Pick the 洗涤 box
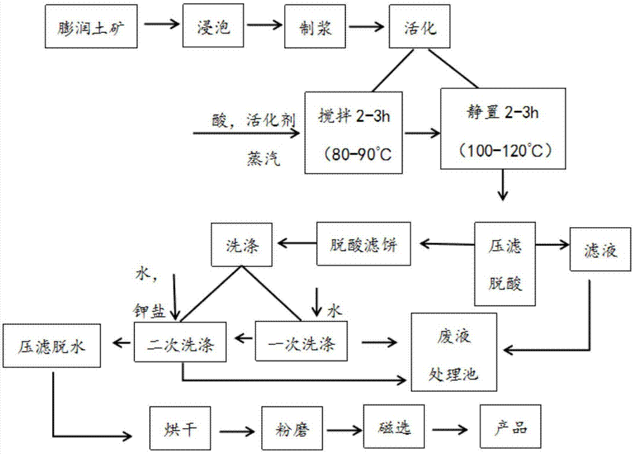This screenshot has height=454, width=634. click(243, 243)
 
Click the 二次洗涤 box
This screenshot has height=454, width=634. click(183, 344)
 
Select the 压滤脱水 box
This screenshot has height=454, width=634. click(53, 346)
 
